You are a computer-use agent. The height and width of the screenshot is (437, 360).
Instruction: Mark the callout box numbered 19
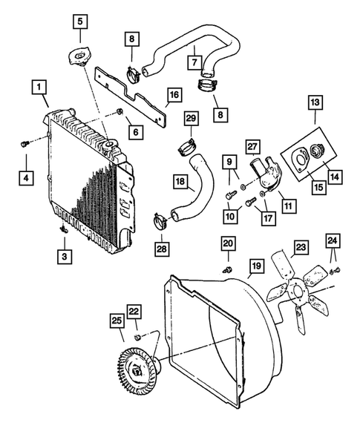click(255, 266)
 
